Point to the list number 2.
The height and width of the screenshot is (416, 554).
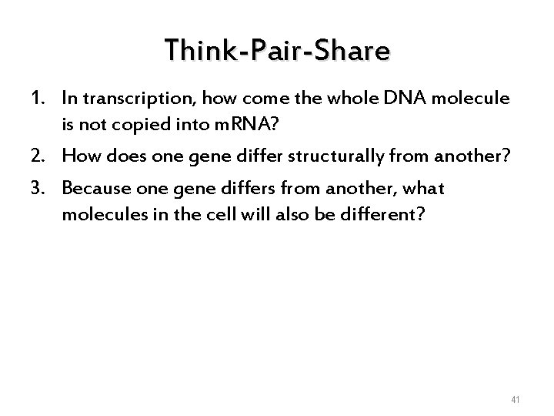click(x=38, y=156)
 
